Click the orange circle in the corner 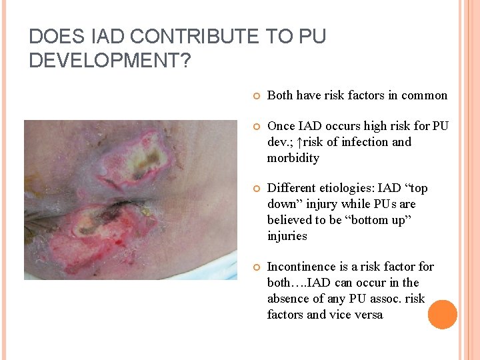pos(442,315)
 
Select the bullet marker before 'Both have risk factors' pos(255,96)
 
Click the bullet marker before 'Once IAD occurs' pos(255,127)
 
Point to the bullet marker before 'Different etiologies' pos(255,189)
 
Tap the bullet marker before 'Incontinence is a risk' pos(255,267)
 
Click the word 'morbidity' pos(293,158)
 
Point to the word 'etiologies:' pos(348,188)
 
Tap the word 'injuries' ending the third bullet pos(287,236)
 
